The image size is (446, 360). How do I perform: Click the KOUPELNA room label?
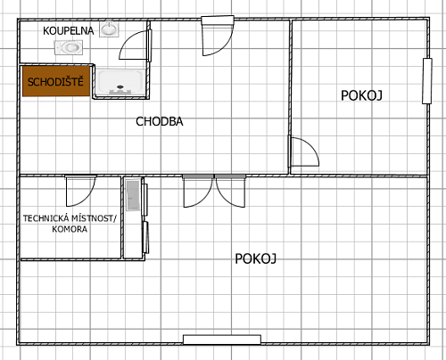coord(68,31)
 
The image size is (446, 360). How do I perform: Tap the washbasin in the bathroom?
coord(109,29)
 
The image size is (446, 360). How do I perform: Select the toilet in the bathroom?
coord(69,47)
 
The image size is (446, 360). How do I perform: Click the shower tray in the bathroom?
coord(120,82)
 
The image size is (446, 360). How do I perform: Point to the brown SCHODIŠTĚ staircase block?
coord(56,81)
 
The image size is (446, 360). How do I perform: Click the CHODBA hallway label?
coord(160,121)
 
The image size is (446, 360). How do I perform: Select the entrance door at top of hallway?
coord(218,36)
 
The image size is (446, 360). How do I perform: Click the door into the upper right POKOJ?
coord(304,151)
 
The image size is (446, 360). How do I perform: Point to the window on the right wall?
coord(427,81)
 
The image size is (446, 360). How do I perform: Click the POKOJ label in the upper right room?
coord(361,95)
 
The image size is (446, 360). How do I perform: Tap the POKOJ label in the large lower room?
coord(256,258)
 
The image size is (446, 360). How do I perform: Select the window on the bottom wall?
coord(222,340)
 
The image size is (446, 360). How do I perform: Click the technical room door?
coord(81,191)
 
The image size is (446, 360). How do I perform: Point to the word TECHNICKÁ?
coord(46,218)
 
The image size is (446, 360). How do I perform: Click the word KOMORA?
coord(70,229)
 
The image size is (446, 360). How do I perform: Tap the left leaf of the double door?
coord(198,192)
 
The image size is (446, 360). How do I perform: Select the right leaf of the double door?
coord(231,192)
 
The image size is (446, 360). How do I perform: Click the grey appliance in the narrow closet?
coord(133,195)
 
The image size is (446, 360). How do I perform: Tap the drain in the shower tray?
coord(120,86)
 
